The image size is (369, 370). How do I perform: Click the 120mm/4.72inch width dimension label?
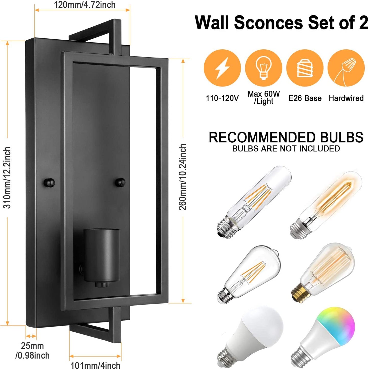click(85, 5)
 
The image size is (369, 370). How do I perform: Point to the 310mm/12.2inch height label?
click(7, 178)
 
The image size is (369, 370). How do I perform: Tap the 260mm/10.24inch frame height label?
click(182, 177)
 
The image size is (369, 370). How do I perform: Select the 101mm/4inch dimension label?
click(95, 365)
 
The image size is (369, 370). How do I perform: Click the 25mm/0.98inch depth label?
click(32, 351)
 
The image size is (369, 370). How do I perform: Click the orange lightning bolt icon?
click(222, 68)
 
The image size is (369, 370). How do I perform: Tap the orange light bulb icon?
click(264, 68)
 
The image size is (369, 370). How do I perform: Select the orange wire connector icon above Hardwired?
click(346, 68)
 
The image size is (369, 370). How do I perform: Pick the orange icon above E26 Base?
click(305, 68)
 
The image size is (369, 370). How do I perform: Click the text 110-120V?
click(222, 98)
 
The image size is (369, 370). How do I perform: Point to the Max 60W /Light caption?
click(264, 98)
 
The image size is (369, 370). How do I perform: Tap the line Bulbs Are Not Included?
click(286, 149)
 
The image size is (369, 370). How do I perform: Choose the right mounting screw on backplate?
click(121, 182)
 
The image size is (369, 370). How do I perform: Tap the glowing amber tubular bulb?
click(326, 205)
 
